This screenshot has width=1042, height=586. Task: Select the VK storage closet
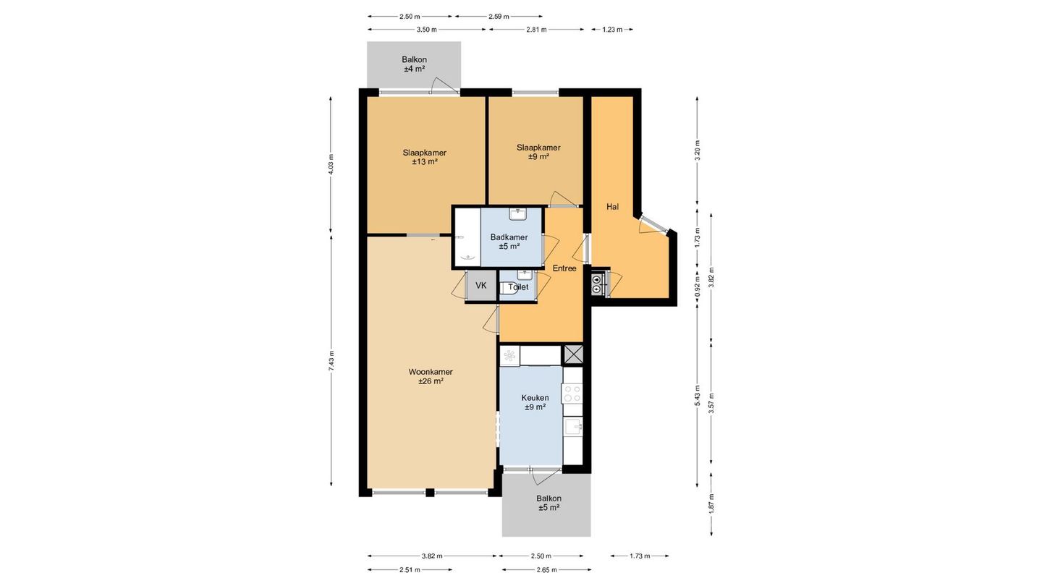pos(481,285)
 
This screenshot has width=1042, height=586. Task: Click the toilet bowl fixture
pos(508,288)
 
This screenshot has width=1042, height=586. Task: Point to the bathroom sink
pos(517,214)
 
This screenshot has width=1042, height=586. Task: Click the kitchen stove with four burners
pos(572,393)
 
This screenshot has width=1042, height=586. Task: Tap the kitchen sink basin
pos(572,427)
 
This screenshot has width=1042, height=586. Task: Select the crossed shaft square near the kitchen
pos(573,354)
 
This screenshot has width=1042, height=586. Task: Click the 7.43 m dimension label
pos(331,360)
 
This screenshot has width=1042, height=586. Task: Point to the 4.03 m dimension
pos(331,164)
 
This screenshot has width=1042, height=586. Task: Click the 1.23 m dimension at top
pos(612,29)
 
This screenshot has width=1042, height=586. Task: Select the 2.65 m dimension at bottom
pos(546,569)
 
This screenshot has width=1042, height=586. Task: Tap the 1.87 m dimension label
pos(711,504)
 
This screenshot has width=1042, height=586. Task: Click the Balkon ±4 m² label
pos(415,64)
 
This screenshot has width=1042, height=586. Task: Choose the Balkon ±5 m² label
pos(549,504)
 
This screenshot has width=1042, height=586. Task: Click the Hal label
pos(613,207)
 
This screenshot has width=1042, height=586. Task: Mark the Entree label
pos(564,268)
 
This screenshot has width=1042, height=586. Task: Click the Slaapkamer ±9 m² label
pos(538,152)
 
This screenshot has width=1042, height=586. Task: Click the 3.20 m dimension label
pos(698,150)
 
